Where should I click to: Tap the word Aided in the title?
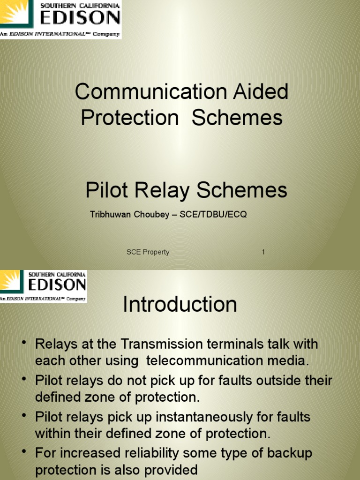coord(262,92)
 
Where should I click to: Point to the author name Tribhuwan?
coord(110,215)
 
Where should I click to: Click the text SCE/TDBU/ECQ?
coord(213,215)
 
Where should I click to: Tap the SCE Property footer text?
coord(148,252)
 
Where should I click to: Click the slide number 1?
coord(263,252)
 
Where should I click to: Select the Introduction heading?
coord(180,305)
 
